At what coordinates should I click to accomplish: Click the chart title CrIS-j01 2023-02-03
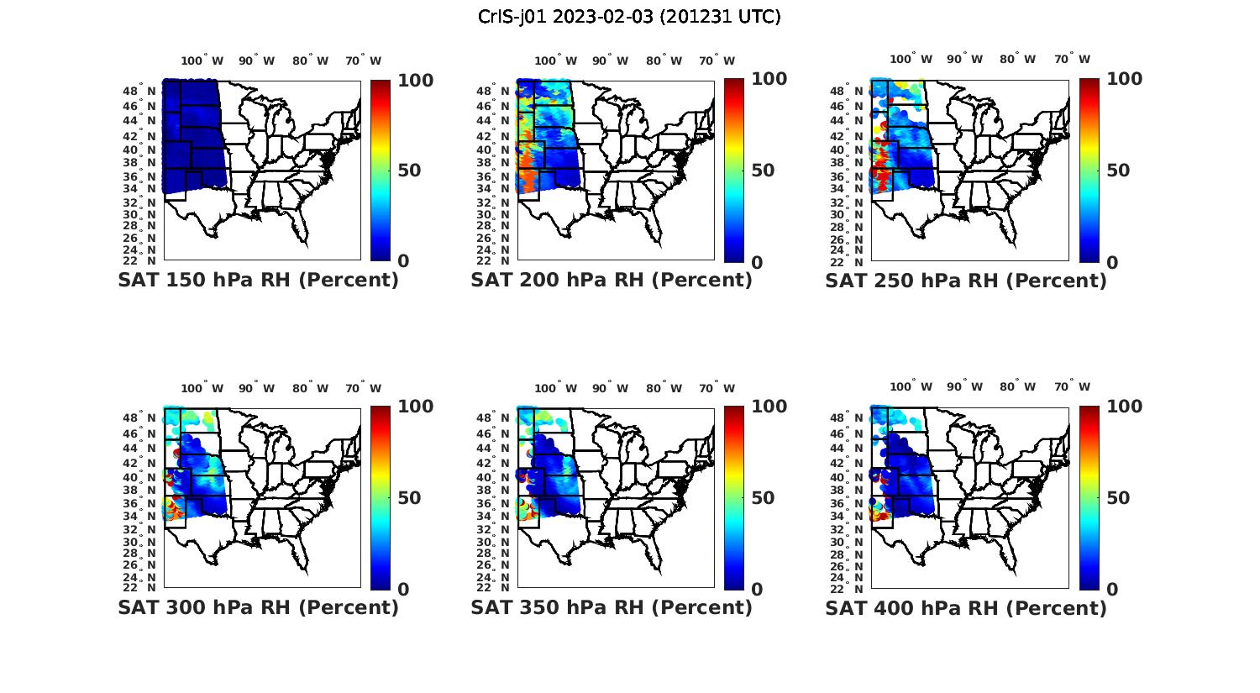pos(629,17)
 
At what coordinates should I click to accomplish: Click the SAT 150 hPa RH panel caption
pos(258,281)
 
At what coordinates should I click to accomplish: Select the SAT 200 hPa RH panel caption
pos(612,281)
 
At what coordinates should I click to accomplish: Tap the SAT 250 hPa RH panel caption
pos(966,281)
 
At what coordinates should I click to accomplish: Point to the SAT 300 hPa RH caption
pos(258,607)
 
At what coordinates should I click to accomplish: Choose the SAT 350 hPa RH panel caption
pos(612,607)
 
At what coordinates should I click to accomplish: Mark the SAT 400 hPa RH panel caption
pos(966,607)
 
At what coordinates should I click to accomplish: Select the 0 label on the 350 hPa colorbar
pos(757,590)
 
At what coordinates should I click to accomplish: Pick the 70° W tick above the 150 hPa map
pos(363,60)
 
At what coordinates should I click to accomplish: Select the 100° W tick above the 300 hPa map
pos(202,388)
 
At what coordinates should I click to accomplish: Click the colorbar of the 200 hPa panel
pos(734,171)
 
